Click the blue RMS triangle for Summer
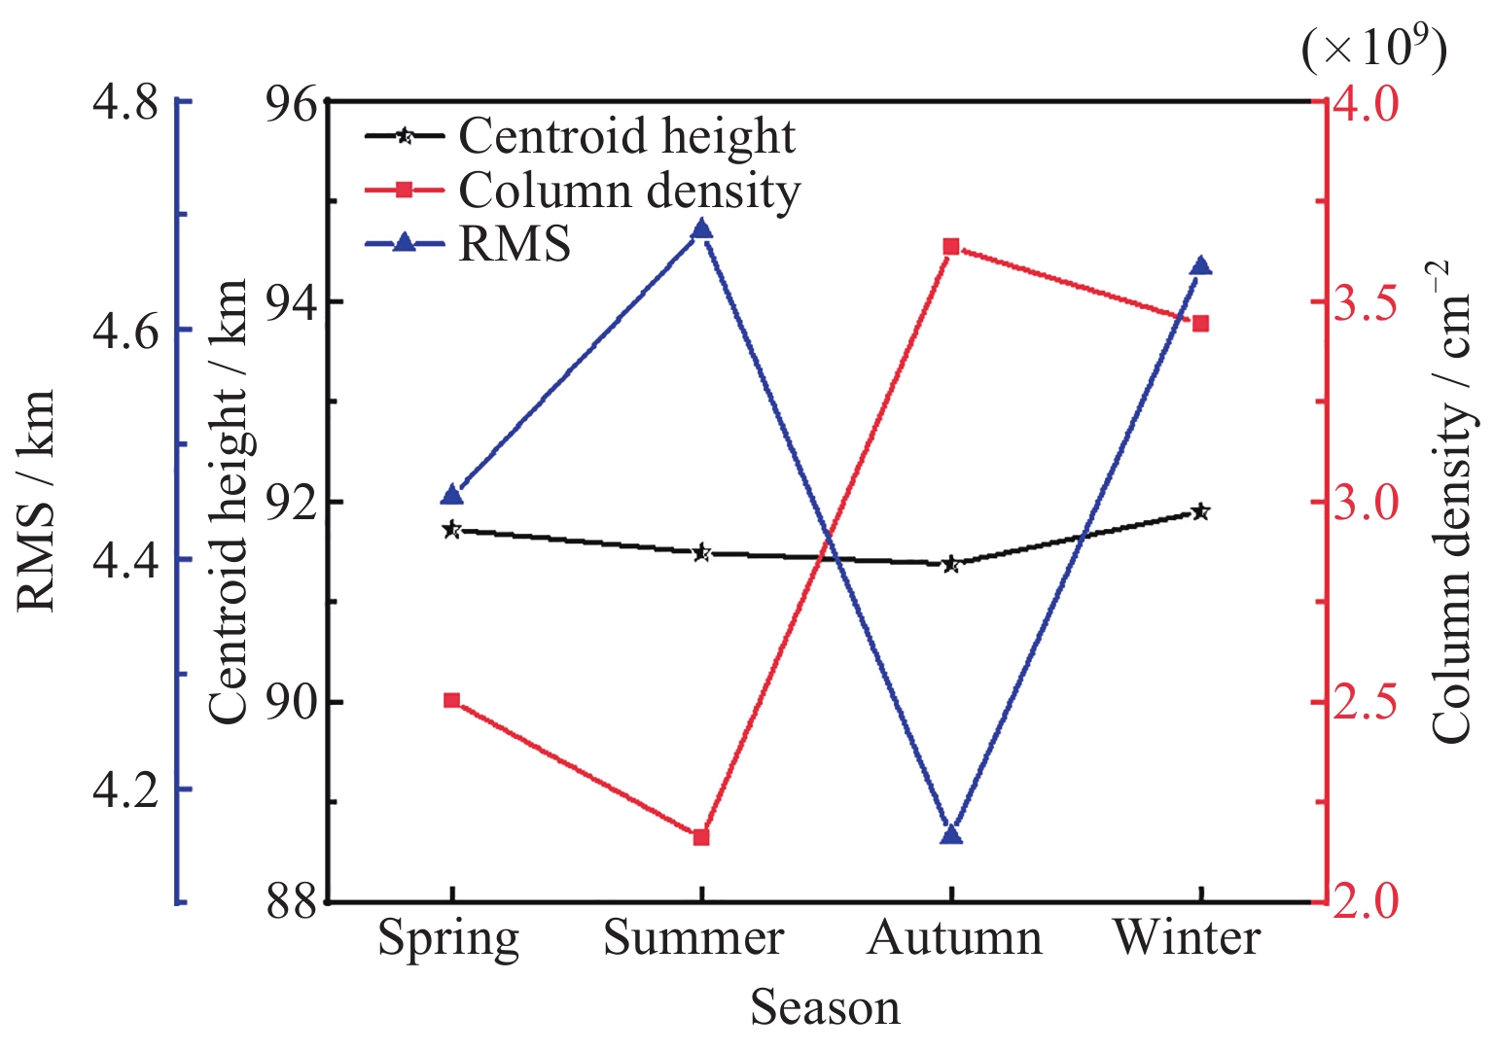pos(701,229)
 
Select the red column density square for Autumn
pos(951,247)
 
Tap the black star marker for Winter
pos(1200,511)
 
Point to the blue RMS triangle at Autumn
pos(951,834)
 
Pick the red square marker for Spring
pos(451,700)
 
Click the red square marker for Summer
pos(701,837)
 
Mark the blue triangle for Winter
pos(1200,266)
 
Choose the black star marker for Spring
pos(451,530)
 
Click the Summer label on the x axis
pos(693,938)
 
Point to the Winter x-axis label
pos(1187,938)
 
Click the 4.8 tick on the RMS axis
pos(124,102)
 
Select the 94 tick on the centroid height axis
pos(292,302)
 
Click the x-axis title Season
pos(825,1008)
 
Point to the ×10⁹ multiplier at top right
pos(1373,47)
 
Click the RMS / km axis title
pos(37,501)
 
